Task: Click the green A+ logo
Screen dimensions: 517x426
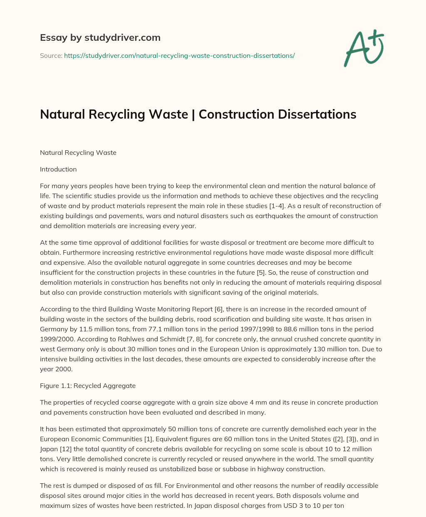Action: (363, 48)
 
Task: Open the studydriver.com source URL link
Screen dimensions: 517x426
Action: (179, 55)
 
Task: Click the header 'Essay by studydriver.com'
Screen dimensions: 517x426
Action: (100, 37)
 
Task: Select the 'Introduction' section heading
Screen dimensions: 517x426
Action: (58, 169)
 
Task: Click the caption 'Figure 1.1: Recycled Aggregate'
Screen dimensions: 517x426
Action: (88, 386)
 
